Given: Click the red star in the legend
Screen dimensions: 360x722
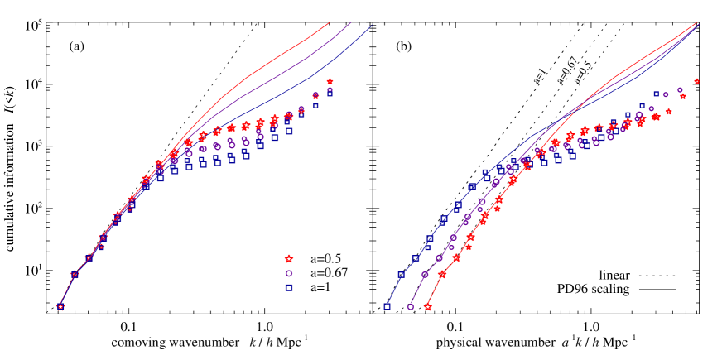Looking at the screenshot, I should point(289,259).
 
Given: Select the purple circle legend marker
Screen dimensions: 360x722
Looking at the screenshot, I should point(289,273).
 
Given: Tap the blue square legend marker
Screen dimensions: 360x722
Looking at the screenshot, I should point(289,287).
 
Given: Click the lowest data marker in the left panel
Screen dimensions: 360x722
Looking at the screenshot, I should point(60,306).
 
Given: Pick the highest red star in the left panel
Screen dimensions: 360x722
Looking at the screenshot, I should point(330,81).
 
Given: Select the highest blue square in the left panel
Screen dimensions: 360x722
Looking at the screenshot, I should point(330,93).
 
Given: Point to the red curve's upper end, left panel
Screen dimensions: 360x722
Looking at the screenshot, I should point(330,23).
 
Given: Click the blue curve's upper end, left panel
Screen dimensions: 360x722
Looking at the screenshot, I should point(370,26).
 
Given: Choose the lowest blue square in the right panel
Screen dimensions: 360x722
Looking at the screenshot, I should point(387,306).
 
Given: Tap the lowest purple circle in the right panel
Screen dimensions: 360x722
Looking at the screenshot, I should point(411,306).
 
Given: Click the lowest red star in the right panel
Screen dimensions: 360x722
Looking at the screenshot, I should point(427,306).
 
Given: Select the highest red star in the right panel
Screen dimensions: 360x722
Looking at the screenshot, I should point(696,81).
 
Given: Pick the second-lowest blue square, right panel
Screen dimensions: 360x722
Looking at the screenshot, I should point(401,274).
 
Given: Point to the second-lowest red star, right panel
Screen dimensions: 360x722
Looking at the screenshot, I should point(442,274).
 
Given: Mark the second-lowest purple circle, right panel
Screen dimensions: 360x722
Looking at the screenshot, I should point(425,274).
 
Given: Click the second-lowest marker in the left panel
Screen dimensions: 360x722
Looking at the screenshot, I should point(75,274).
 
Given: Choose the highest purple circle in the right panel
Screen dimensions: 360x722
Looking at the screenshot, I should point(680,89).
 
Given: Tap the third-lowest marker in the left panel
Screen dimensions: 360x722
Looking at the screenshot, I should point(89,257).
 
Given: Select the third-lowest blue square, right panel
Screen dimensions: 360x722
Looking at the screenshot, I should point(416,258).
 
